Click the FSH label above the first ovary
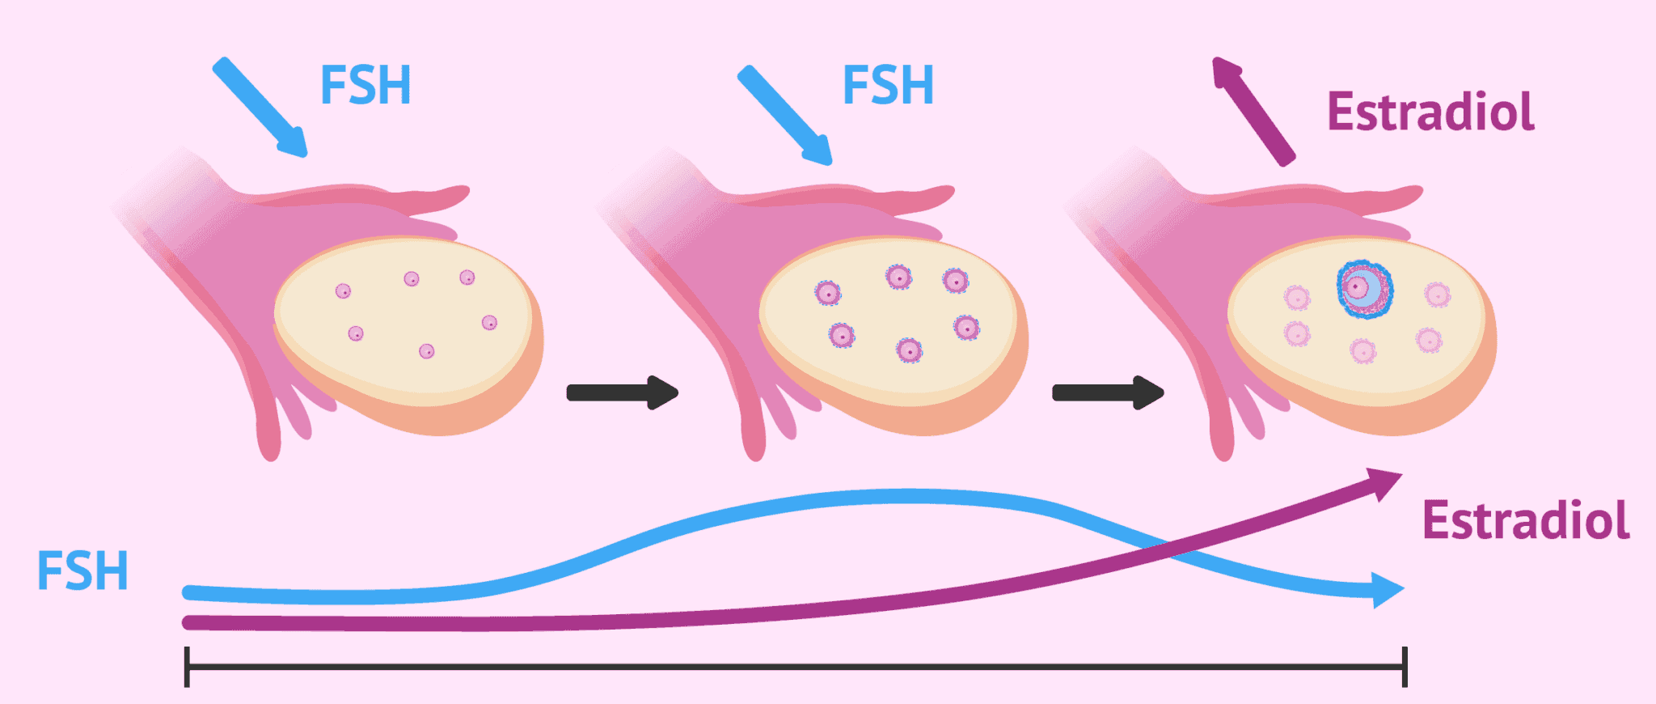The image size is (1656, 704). [365, 85]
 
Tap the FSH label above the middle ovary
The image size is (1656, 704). [888, 85]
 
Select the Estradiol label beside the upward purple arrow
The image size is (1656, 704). [1430, 112]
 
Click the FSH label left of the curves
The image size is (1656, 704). [82, 570]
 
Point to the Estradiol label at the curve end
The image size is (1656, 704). [1525, 520]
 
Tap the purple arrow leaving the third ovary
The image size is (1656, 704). [1253, 112]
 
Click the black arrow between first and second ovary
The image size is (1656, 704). [623, 392]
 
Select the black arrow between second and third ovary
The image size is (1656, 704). [1108, 392]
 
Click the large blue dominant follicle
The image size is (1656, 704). [1364, 289]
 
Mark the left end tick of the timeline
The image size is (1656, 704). [187, 667]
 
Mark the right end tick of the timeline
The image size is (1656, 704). [1405, 667]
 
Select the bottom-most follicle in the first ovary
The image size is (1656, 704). [426, 351]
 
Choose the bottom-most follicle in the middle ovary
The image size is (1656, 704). [909, 350]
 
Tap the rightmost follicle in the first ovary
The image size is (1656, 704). [489, 323]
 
